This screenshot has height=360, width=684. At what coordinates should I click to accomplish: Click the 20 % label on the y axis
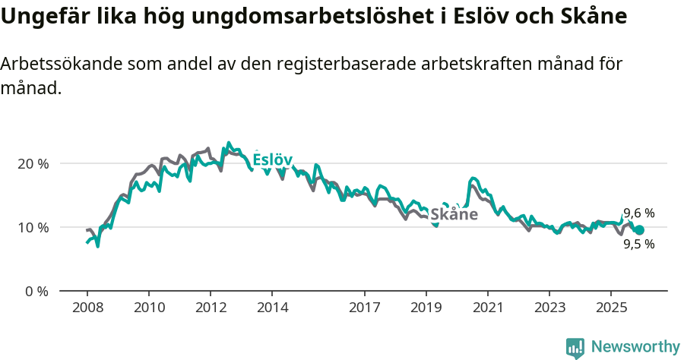click(x=33, y=163)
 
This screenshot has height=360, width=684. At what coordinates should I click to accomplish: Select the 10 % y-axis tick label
click(x=33, y=227)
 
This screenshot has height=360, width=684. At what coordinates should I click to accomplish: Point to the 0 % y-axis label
click(x=36, y=291)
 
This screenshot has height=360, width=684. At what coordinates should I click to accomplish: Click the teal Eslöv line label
click(x=272, y=159)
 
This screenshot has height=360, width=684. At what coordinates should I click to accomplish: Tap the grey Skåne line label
click(x=454, y=214)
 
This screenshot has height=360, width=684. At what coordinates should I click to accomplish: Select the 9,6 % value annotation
click(x=638, y=213)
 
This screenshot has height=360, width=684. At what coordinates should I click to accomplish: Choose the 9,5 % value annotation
click(x=638, y=245)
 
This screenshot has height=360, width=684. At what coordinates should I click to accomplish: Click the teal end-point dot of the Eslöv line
click(x=639, y=230)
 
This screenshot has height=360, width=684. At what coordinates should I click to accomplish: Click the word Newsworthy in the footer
click(x=635, y=347)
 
